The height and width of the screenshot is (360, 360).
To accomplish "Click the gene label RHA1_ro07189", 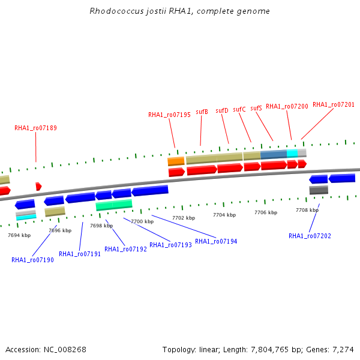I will [x=35, y=128].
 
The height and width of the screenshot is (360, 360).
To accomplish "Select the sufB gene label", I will [x=202, y=112].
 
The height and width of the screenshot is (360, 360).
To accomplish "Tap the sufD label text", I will [x=222, y=110].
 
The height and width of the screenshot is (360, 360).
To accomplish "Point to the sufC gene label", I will [x=239, y=109].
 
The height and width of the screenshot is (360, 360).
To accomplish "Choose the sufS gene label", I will [x=256, y=108].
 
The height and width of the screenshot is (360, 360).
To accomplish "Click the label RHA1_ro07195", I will [x=169, y=115].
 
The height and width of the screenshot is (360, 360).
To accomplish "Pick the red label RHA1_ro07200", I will [x=287, y=106].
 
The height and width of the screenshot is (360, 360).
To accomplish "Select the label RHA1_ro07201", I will [x=334, y=104].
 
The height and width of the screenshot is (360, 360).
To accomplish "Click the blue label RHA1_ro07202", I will [x=310, y=236].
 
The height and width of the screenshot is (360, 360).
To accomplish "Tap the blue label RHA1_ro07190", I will [x=32, y=260].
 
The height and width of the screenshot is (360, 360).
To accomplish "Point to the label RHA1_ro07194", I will [x=216, y=241].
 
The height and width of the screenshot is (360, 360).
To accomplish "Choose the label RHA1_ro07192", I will [x=125, y=249].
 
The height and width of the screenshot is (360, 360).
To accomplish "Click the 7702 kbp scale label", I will [x=184, y=218].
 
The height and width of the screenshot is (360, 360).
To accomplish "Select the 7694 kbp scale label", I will [x=19, y=235].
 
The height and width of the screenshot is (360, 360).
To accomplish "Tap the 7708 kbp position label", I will [x=307, y=210].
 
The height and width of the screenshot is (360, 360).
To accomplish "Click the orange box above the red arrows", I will [x=176, y=161].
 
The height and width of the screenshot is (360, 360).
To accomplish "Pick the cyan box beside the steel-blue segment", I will [x=292, y=154].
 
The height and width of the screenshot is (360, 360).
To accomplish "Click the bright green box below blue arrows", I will [x=114, y=205].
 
